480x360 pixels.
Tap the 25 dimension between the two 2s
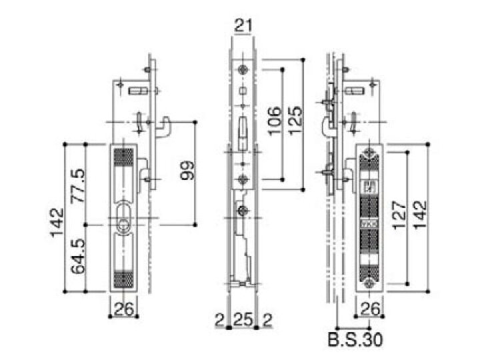[243, 318]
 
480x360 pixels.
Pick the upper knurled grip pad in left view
[123, 158]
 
